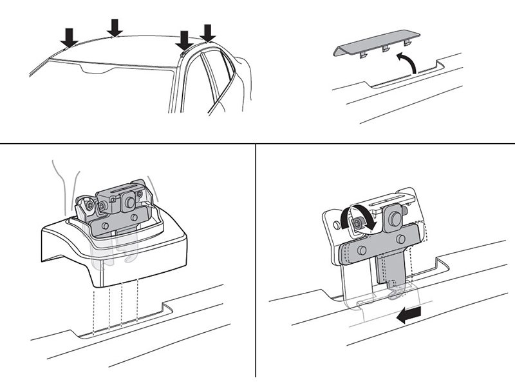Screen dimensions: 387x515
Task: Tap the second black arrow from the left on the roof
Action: point(115,27)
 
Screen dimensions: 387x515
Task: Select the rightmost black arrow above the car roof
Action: point(207,32)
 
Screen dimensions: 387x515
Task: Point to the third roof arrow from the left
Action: point(185,40)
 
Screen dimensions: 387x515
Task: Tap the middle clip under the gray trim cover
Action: point(386,48)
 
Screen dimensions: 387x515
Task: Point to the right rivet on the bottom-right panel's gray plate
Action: point(400,239)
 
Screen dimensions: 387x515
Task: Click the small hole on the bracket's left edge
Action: point(335,226)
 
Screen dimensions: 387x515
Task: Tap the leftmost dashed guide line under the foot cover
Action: point(93,310)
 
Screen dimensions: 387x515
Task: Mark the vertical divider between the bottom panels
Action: point(256,258)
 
